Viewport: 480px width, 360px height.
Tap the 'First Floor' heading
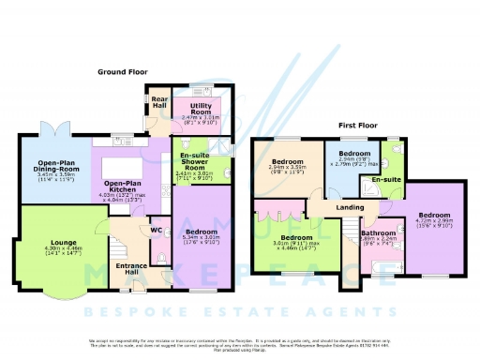[358, 124]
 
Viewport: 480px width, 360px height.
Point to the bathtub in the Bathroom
[380, 269]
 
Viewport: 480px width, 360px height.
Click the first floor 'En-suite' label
[382, 177]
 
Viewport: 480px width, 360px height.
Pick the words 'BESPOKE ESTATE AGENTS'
[240, 307]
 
